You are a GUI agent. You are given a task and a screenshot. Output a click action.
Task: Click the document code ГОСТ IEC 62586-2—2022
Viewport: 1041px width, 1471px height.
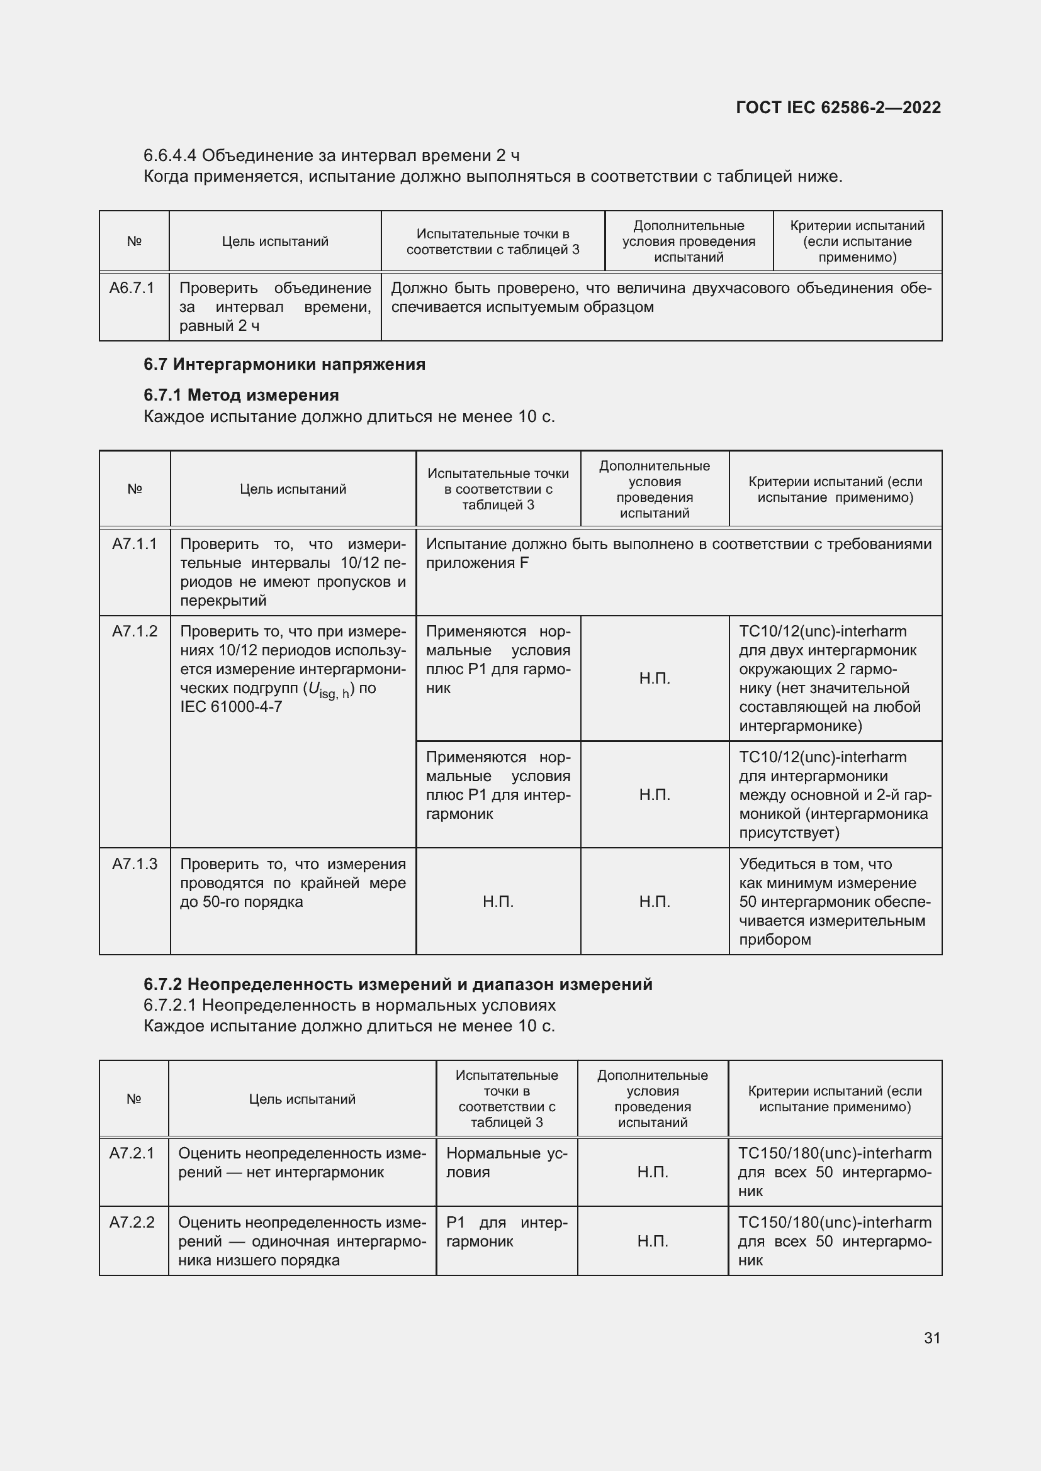pyautogui.click(x=838, y=108)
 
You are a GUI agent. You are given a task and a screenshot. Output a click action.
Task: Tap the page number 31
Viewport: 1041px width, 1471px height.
pyautogui.click(x=932, y=1338)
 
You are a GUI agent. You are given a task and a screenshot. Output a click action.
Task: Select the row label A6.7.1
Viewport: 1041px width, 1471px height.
pyautogui.click(x=132, y=288)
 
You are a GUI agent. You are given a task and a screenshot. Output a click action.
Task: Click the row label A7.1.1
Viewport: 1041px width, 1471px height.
pyautogui.click(x=135, y=544)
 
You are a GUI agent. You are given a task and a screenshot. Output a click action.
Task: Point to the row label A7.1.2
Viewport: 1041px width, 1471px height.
pyautogui.click(x=135, y=631)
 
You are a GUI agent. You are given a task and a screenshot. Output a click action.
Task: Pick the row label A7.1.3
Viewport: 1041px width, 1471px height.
pyautogui.click(x=135, y=864)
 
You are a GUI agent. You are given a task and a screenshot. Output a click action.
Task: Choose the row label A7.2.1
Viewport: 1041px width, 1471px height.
pyautogui.click(x=132, y=1154)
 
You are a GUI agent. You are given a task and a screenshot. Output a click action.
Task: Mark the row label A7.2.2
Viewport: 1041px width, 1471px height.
pyautogui.click(x=132, y=1223)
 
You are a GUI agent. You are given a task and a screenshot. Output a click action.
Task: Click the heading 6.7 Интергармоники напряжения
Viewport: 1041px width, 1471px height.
pyautogui.click(x=284, y=365)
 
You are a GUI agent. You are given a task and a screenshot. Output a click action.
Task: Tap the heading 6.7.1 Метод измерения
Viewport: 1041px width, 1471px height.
pyautogui.click(x=241, y=396)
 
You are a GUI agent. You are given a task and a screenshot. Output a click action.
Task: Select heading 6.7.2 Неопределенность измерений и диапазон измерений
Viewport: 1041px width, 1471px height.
pyautogui.click(x=397, y=985)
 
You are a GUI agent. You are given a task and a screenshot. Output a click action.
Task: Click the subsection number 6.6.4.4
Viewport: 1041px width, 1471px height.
pyautogui.click(x=170, y=156)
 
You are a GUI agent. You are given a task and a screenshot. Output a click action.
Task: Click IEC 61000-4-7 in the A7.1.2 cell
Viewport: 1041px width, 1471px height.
pyautogui.click(x=231, y=708)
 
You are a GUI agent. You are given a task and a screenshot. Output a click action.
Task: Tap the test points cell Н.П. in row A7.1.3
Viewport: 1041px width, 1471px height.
pyautogui.click(x=498, y=902)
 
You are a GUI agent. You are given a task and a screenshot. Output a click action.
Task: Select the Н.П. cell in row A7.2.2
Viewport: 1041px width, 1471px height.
pyautogui.click(x=653, y=1241)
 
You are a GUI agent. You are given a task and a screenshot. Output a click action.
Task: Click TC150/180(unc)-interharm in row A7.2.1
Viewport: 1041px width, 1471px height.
pyautogui.click(x=835, y=1154)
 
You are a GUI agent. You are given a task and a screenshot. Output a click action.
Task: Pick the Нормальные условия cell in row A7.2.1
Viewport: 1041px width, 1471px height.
pyautogui.click(x=506, y=1163)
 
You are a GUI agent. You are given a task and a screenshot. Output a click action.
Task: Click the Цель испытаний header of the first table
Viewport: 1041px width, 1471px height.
pyautogui.click(x=275, y=241)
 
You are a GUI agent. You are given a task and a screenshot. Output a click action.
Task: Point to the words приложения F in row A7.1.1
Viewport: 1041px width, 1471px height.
pyautogui.click(x=477, y=563)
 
